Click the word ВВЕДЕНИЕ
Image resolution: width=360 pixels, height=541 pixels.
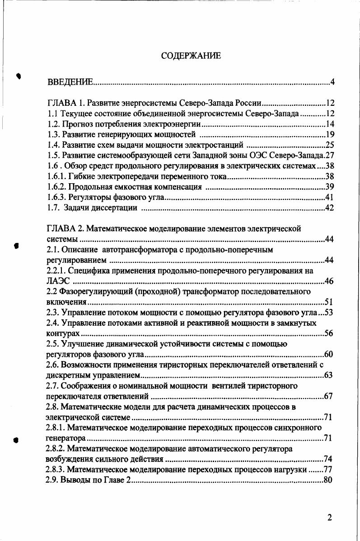pos(70,82)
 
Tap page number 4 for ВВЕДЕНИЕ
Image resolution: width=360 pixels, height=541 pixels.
pos(332,82)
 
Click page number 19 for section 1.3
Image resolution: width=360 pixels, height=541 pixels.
pos(329,134)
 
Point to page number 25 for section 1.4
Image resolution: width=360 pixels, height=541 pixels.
pos(329,145)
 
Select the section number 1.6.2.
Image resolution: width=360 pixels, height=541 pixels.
pos(57,187)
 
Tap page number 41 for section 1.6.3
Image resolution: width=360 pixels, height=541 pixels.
pos(329,197)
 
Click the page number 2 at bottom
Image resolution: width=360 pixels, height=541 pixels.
pos(330,518)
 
